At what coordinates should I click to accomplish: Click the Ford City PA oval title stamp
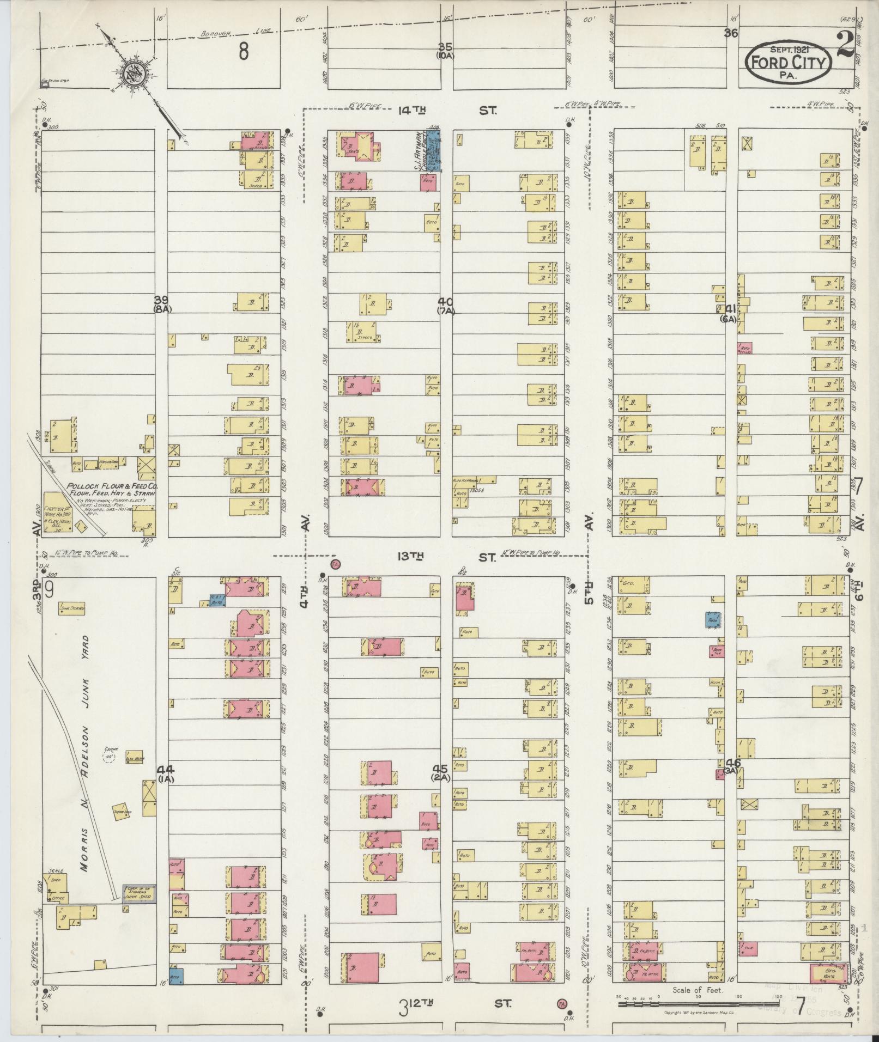[x=788, y=63]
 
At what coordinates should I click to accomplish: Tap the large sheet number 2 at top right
[x=845, y=45]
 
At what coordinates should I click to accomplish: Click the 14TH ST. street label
[x=447, y=111]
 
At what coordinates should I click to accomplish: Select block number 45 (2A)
[x=440, y=772]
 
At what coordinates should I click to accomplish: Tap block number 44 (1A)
[x=165, y=772]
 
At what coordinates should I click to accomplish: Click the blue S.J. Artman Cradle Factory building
[x=431, y=150]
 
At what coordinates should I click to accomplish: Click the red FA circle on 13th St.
[x=336, y=564]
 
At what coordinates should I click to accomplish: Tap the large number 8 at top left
[x=243, y=52]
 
